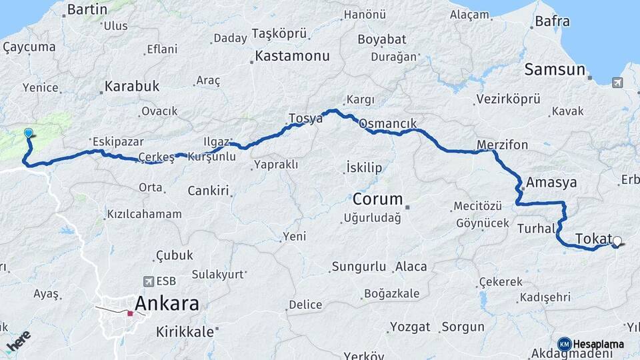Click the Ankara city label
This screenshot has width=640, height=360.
click(167, 304)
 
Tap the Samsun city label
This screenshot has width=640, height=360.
click(555, 69)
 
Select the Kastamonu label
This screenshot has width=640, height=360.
click(293, 57)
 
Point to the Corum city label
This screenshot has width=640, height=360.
click(378, 199)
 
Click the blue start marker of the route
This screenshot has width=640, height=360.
click(29, 133)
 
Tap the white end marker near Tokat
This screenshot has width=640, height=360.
click(617, 241)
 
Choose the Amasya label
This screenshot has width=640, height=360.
click(550, 182)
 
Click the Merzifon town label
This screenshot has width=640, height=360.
click(503, 145)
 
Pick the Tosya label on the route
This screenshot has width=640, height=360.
click(305, 119)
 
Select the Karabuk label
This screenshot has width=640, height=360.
click(132, 87)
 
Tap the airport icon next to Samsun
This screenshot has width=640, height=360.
click(617, 83)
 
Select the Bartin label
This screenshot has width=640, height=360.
click(87, 9)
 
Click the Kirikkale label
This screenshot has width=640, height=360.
click(185, 331)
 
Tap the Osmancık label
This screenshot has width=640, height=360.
click(387, 124)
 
